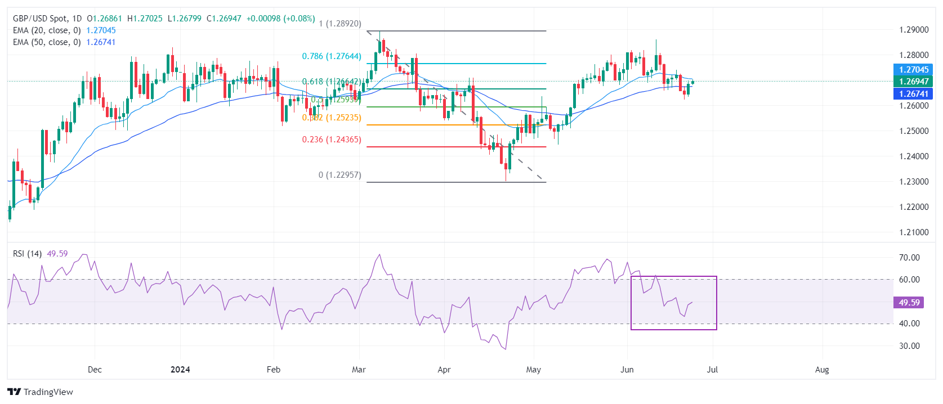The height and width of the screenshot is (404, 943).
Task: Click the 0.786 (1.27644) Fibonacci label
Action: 332,56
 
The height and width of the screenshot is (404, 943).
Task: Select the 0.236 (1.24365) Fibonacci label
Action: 332,140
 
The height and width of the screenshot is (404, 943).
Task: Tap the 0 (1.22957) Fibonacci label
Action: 340,175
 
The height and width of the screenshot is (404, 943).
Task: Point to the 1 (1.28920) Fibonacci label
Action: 340,24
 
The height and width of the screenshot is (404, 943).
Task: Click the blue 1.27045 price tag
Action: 913,70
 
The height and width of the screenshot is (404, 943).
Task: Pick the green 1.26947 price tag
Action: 913,82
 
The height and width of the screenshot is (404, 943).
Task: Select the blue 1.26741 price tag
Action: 913,94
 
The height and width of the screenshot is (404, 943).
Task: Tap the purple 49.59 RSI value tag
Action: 909,303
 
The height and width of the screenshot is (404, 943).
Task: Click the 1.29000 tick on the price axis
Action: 914,30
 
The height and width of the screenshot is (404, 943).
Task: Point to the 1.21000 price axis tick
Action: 914,232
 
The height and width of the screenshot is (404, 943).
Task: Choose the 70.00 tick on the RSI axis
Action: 909,258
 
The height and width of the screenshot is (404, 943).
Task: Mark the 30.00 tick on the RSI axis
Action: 909,346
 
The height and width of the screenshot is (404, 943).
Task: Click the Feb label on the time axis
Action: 273,370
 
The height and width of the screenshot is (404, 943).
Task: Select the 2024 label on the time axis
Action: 180,370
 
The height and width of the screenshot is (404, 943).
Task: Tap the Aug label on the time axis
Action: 822,370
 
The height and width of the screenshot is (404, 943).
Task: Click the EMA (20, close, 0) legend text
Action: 47,30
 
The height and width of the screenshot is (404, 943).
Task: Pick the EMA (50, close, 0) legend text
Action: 47,42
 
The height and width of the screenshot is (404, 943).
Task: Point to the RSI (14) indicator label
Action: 27,254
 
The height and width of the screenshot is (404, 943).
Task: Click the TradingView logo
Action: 41,392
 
